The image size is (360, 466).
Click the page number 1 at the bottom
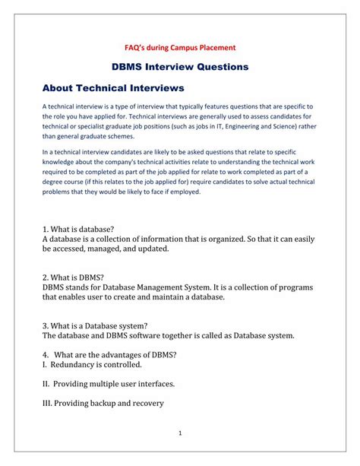pyautogui.click(x=181, y=433)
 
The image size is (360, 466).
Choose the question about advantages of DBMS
pyautogui.click(x=109, y=353)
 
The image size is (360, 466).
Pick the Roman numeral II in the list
pyautogui.click(x=46, y=383)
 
